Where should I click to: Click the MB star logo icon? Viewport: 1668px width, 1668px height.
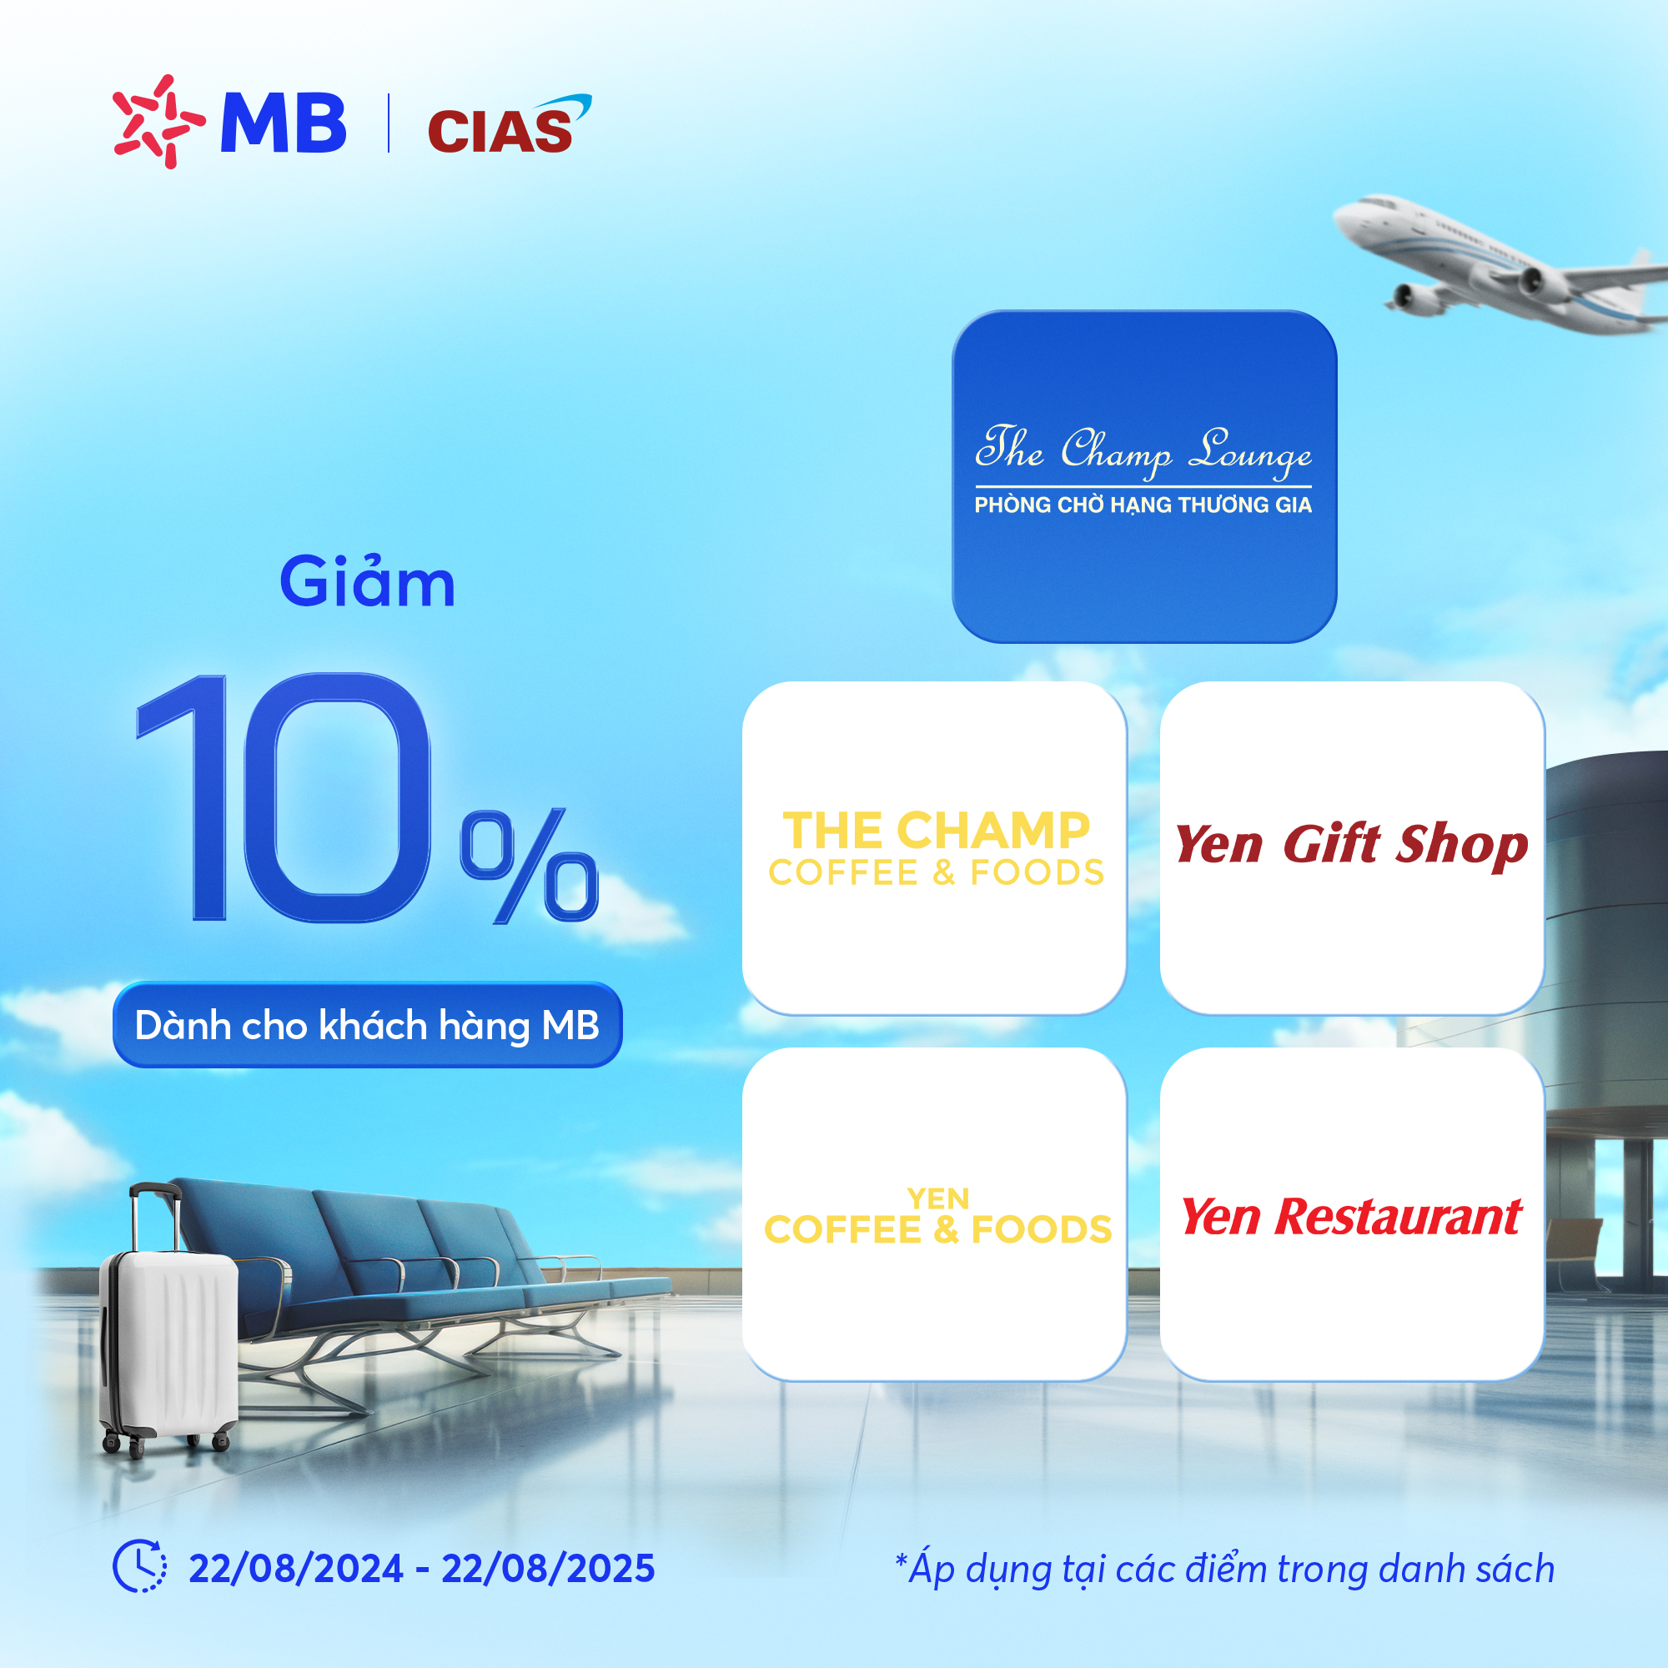[158, 122]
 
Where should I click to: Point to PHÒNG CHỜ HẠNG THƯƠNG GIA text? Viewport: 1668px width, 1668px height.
[1143, 505]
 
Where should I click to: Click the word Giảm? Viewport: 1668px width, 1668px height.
[367, 582]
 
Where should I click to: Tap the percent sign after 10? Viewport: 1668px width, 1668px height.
[530, 866]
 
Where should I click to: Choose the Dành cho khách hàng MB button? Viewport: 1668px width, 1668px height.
[367, 1025]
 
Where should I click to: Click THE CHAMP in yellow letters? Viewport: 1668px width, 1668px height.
[936, 831]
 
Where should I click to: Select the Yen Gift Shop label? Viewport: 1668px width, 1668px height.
[1351, 844]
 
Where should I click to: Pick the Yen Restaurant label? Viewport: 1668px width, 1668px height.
[1351, 1217]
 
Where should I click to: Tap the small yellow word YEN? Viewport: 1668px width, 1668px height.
[938, 1198]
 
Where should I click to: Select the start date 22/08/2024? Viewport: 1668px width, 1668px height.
[296, 1568]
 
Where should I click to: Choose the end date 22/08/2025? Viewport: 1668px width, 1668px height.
[548, 1568]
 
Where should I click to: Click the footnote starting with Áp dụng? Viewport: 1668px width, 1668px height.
[1225, 1569]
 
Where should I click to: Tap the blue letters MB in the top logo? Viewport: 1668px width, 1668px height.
[284, 123]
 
